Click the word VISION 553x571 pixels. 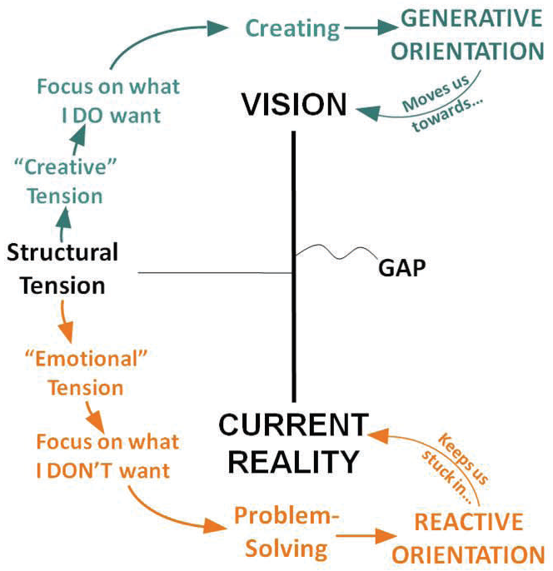click(x=293, y=105)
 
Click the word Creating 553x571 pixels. click(x=292, y=28)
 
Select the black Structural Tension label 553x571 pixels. click(x=63, y=268)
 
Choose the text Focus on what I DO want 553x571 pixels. click(x=108, y=100)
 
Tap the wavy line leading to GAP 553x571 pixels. click(x=333, y=251)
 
